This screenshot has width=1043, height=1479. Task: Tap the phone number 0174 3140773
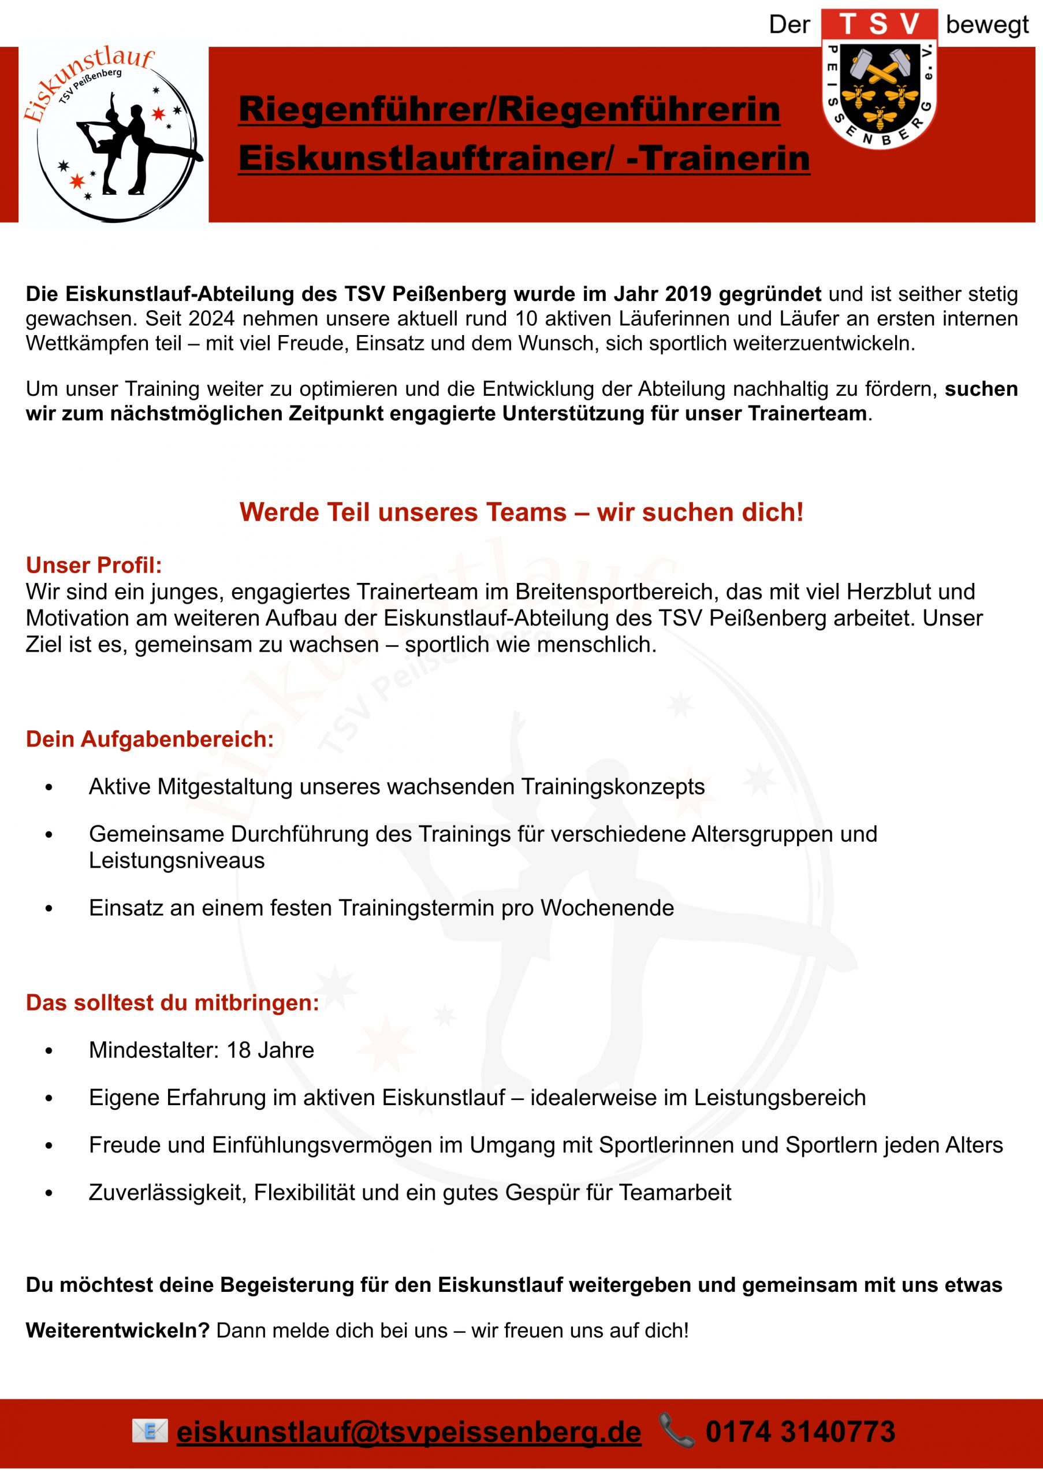tap(800, 1431)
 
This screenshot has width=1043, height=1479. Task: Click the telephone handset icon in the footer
tap(676, 1431)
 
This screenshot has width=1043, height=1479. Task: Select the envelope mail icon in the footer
tap(150, 1430)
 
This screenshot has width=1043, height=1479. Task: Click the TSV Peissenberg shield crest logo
tap(880, 80)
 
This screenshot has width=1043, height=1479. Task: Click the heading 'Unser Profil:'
tap(94, 565)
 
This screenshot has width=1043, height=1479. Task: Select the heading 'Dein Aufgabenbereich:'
tap(150, 739)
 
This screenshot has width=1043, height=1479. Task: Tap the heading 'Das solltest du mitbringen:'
tap(173, 1002)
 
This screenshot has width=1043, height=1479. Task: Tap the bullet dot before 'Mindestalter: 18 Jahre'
tap(49, 1051)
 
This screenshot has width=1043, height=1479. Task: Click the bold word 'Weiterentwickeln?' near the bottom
tap(118, 1330)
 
